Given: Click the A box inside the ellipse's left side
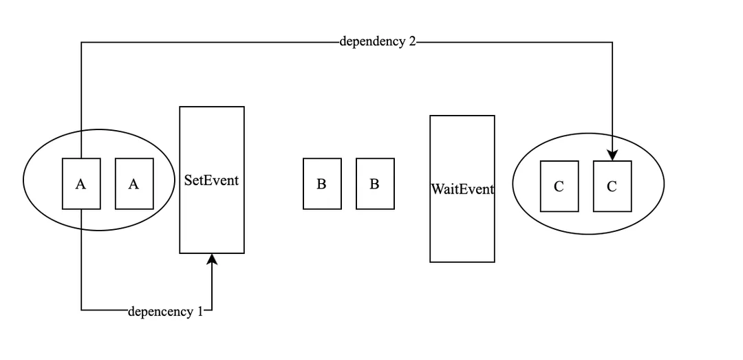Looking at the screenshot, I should (81, 184).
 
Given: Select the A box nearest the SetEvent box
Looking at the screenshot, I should (134, 184).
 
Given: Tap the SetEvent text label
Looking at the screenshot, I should (211, 180).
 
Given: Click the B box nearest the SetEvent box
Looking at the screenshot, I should (322, 184).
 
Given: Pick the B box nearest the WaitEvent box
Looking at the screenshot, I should (375, 184).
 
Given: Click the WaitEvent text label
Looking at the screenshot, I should (462, 189).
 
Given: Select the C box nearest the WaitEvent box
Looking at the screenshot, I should (559, 186).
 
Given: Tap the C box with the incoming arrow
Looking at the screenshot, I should (612, 186).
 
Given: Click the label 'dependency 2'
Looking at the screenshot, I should (378, 41).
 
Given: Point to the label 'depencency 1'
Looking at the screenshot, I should (166, 312).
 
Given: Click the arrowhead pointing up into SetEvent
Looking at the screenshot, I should (212, 259).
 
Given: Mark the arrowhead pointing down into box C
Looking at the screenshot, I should (612, 156).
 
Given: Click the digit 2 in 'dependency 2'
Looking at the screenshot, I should (412, 41).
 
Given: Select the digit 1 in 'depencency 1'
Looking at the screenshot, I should (200, 312).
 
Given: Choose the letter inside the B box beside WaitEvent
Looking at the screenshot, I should (374, 184).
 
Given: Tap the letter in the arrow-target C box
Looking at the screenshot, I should (612, 187).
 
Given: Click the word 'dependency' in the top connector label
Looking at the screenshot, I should (373, 41).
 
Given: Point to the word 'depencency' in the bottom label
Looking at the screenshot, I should (161, 312).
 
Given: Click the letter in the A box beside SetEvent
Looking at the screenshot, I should (134, 184).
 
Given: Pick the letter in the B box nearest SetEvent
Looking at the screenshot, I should (321, 184).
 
